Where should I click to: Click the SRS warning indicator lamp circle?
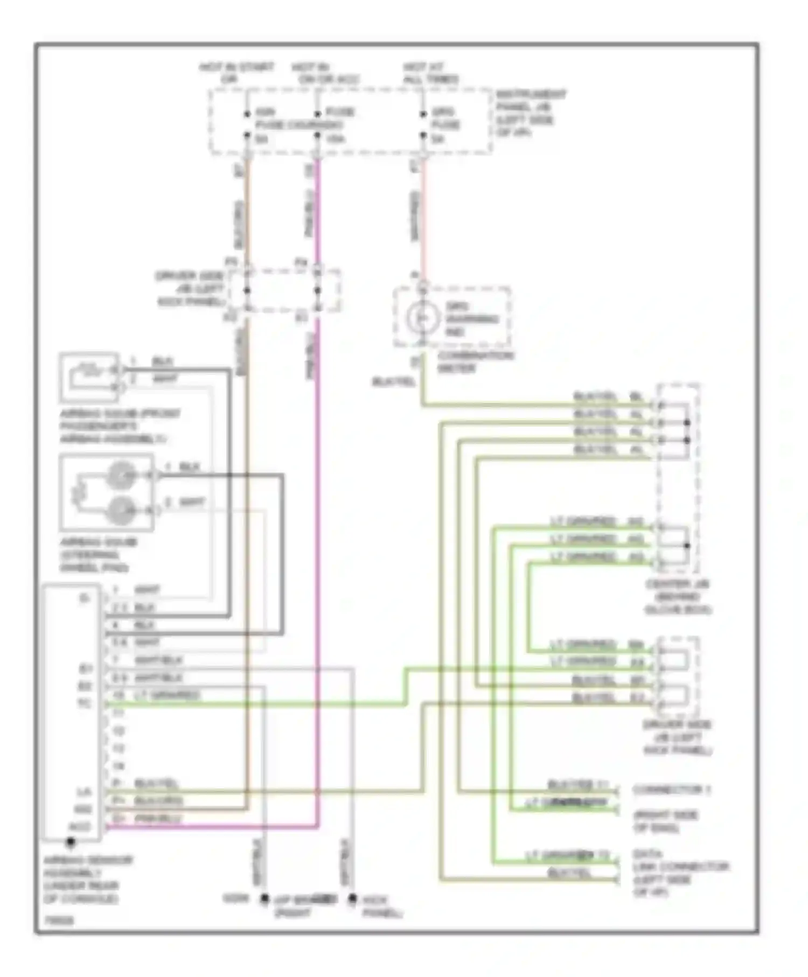click(x=422, y=318)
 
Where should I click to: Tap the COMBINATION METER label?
click(x=474, y=362)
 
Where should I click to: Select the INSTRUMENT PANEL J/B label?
click(x=530, y=113)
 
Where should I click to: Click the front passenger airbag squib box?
click(x=89, y=377)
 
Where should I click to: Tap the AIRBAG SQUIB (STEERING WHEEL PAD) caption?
click(x=97, y=555)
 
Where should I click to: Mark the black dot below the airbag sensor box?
click(x=70, y=841)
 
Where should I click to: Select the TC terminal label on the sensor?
click(x=85, y=703)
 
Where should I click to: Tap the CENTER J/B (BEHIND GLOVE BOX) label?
click(x=678, y=597)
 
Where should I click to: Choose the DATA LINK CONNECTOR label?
click(x=680, y=873)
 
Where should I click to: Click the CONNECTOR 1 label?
click(x=671, y=790)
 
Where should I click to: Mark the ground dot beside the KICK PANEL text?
click(x=352, y=898)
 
